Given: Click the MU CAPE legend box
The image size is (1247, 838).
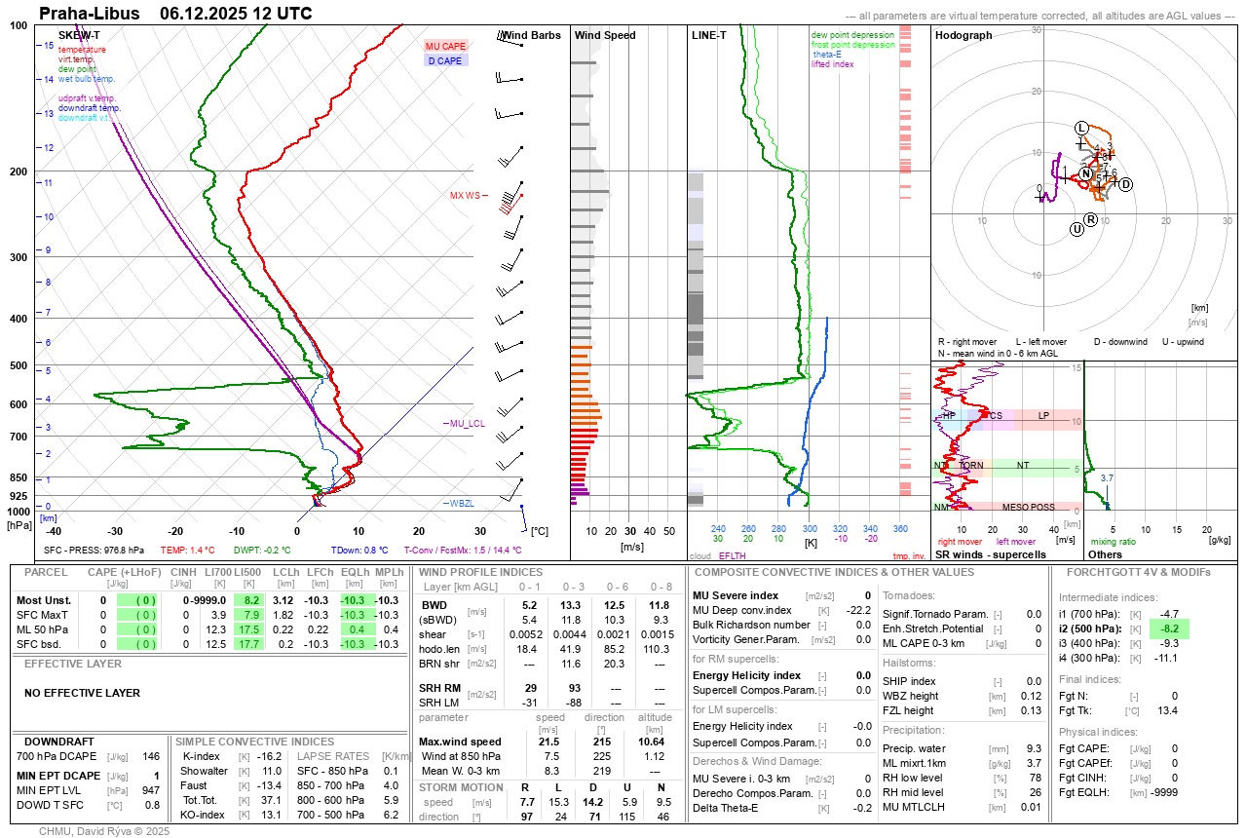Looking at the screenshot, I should [445, 46].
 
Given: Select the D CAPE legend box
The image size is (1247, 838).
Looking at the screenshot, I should [445, 60].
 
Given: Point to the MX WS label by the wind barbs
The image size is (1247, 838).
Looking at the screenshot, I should [465, 196].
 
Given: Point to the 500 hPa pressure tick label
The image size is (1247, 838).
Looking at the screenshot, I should [18, 365].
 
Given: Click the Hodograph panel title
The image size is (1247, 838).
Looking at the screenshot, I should [964, 35].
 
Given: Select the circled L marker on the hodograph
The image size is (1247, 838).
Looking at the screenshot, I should [1080, 129].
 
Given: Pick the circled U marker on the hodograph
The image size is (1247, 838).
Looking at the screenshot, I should [1077, 229].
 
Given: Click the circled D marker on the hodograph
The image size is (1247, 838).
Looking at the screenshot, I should [1125, 184].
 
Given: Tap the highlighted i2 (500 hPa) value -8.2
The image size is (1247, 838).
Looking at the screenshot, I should [1169, 629].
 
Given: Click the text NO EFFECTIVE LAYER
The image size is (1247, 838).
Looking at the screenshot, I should [82, 694].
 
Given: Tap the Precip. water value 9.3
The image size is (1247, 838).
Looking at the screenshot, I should [1032, 748].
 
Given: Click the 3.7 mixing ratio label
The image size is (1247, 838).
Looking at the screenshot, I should [1106, 478].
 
